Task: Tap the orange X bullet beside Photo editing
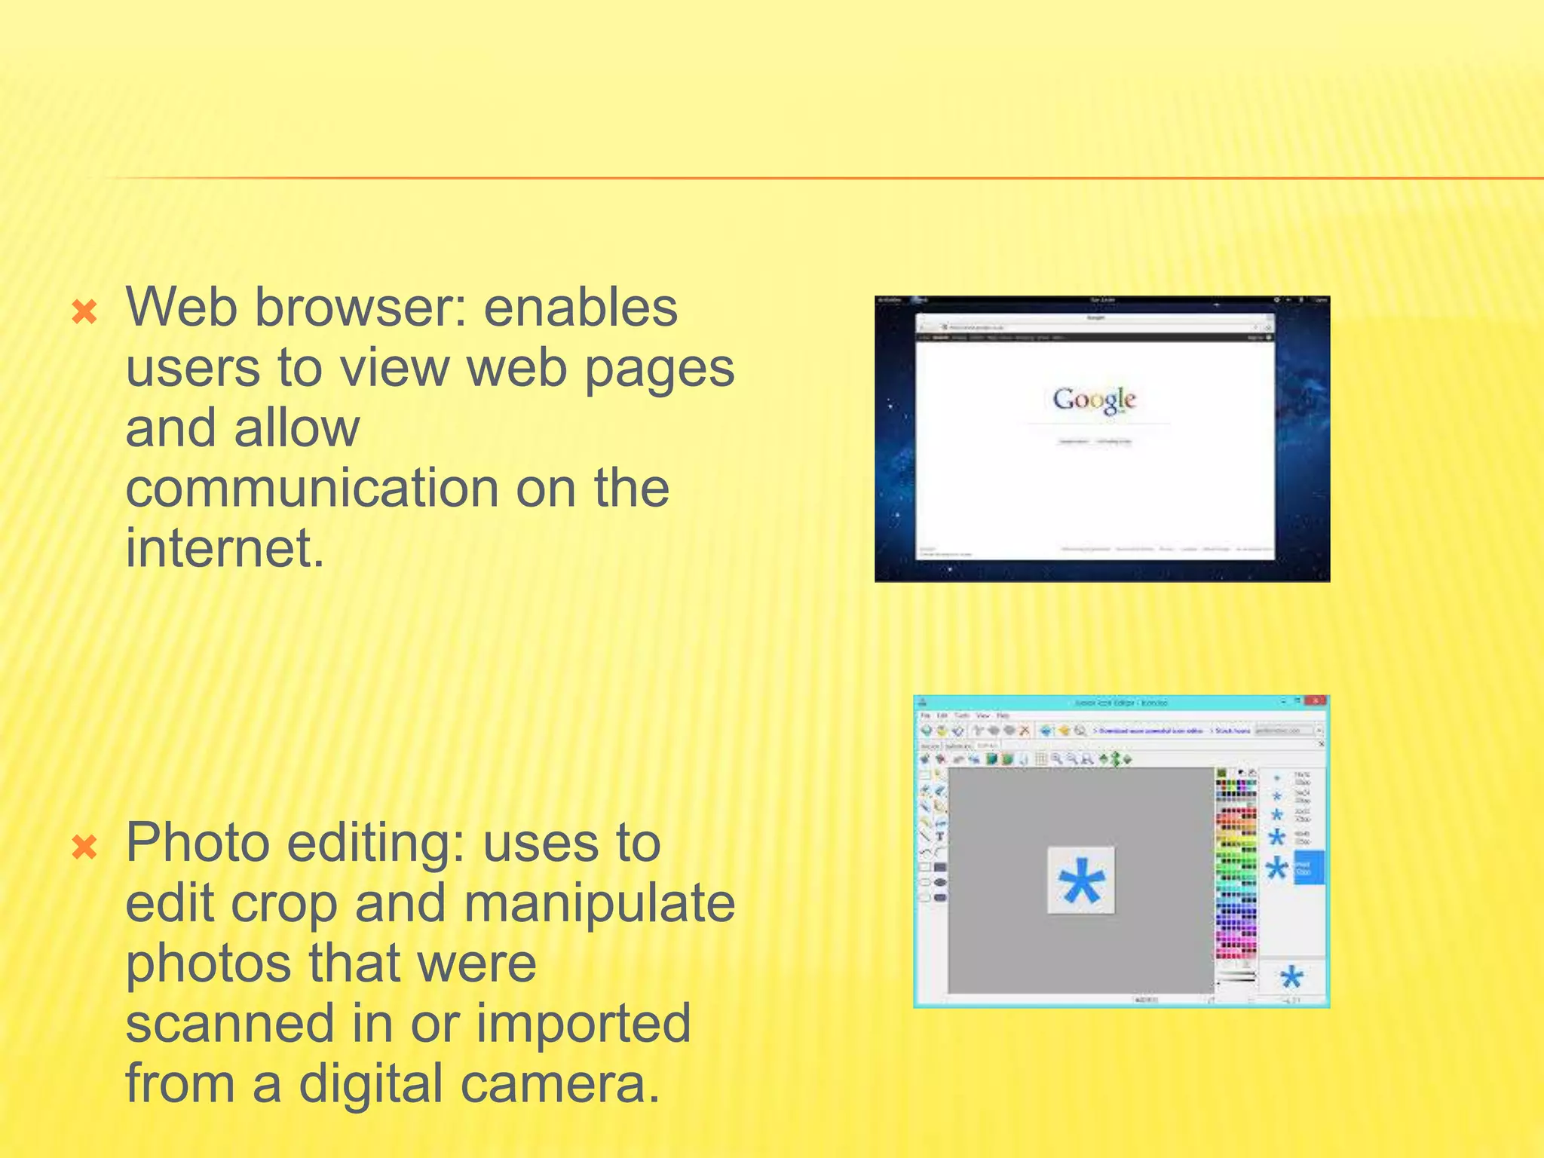(x=84, y=847)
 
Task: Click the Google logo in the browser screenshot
(x=1094, y=400)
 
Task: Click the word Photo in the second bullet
(x=198, y=843)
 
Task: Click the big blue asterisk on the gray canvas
(x=1081, y=881)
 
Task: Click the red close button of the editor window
(x=1316, y=701)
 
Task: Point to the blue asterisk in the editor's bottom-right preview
(x=1291, y=978)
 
